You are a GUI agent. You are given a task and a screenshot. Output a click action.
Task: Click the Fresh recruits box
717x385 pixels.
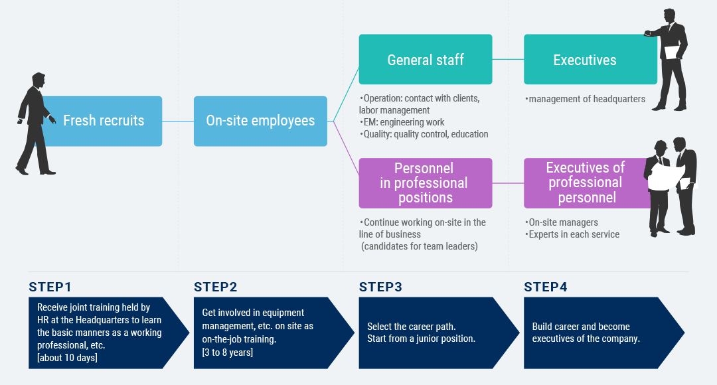click(x=102, y=121)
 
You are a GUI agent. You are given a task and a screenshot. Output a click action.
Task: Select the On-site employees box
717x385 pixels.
click(x=261, y=121)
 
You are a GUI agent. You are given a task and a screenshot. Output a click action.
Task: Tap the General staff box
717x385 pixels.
click(x=426, y=60)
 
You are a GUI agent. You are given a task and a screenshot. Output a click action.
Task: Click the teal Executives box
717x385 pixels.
click(x=590, y=60)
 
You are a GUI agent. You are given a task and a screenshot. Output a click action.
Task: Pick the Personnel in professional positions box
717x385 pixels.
click(x=426, y=183)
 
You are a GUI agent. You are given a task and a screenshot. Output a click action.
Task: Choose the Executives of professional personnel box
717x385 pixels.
click(x=588, y=183)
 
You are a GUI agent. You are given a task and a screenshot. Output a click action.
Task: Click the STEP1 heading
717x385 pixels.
click(x=50, y=287)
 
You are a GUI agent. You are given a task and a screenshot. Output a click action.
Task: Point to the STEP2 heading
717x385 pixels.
click(x=215, y=287)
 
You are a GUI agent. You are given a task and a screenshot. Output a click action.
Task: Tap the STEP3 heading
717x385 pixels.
click(x=380, y=287)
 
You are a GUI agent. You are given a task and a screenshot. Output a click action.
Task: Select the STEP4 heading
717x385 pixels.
click(x=546, y=287)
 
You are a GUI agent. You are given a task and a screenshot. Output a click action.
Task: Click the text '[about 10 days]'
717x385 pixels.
click(x=67, y=358)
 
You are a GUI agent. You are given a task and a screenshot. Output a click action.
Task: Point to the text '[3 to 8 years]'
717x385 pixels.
click(x=227, y=352)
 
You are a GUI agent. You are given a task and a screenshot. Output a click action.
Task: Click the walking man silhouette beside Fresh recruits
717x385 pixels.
click(x=36, y=123)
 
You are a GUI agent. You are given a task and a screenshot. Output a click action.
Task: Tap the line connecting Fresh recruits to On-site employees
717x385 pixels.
click(x=178, y=121)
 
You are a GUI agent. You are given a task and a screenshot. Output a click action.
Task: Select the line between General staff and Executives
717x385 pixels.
click(x=508, y=60)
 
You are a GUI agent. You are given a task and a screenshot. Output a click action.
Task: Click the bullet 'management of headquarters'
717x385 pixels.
click(x=585, y=99)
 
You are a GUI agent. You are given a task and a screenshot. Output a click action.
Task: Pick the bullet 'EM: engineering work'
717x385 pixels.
click(x=402, y=122)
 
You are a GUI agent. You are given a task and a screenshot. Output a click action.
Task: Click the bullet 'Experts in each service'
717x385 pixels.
click(x=572, y=234)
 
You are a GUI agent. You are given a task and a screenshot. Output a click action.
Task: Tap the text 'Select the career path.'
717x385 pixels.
click(x=412, y=327)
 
